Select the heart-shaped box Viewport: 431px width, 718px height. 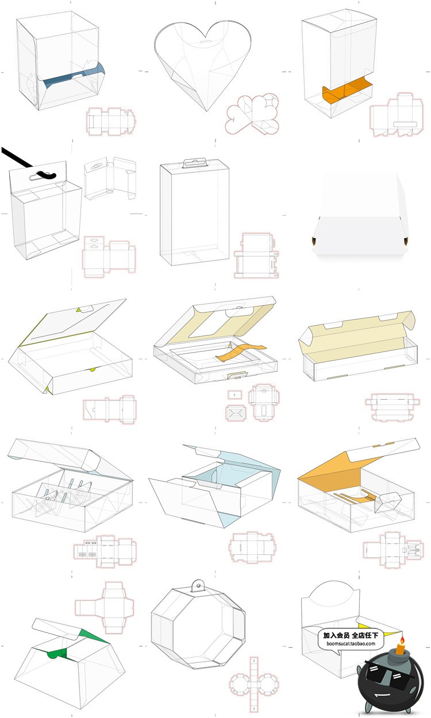coord(203,65)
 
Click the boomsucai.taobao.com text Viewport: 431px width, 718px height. coord(351,643)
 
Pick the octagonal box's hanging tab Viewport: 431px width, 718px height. coord(198,586)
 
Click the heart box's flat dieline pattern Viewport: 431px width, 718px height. coord(252,114)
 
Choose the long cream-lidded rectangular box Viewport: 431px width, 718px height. coord(358,345)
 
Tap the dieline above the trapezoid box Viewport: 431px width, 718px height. coord(105,607)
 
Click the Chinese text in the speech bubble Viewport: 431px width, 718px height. coord(351,635)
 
